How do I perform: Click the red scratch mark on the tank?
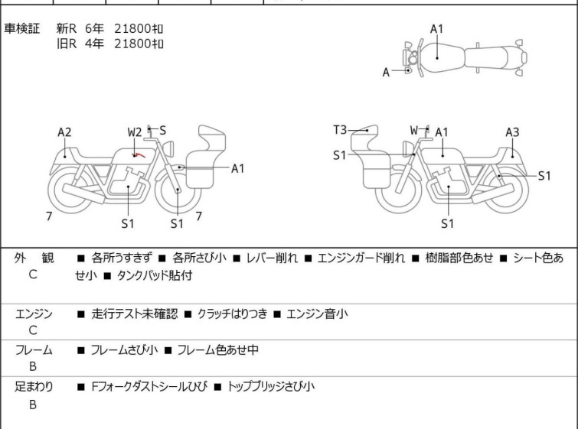pyautogui.click(x=139, y=155)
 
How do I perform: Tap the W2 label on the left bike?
pyautogui.click(x=135, y=132)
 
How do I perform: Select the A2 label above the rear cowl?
pyautogui.click(x=64, y=132)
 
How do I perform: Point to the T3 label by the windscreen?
pyautogui.click(x=340, y=130)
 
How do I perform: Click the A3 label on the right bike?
pyautogui.click(x=512, y=132)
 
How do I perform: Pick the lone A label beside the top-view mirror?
pyautogui.click(x=386, y=73)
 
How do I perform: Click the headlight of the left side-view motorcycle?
pyautogui.click(x=168, y=149)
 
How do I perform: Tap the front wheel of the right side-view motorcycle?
pyautogui.click(x=399, y=190)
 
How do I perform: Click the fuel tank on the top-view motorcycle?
pyautogui.click(x=441, y=57)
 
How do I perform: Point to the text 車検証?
pyautogui.click(x=21, y=28)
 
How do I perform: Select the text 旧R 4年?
pyautogui.click(x=80, y=44)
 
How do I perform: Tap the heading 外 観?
pyautogui.click(x=34, y=258)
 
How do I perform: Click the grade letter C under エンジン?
pyautogui.click(x=33, y=330)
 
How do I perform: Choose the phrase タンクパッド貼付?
pyautogui.click(x=155, y=275)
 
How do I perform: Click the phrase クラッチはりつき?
pyautogui.click(x=232, y=314)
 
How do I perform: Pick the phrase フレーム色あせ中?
pyautogui.click(x=218, y=349)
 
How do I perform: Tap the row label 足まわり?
pyautogui.click(x=34, y=387)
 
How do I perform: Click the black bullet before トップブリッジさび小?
pyautogui.click(x=218, y=387)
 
